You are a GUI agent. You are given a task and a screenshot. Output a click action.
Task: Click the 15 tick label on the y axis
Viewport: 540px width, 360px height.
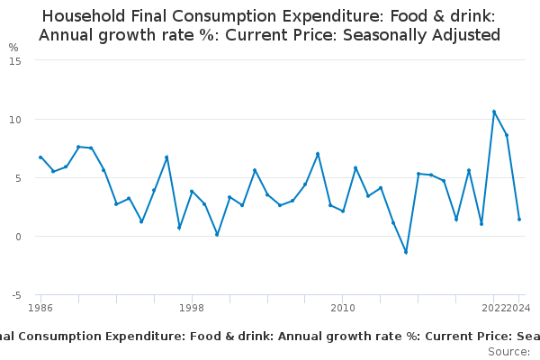pyautogui.click(x=15, y=60)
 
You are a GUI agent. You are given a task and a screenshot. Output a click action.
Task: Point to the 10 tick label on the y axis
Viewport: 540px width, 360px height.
pyautogui.click(x=15, y=119)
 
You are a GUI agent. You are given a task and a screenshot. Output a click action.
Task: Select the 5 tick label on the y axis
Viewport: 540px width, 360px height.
pyautogui.click(x=18, y=177)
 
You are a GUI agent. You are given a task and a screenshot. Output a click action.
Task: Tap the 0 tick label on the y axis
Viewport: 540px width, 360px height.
pyautogui.click(x=18, y=237)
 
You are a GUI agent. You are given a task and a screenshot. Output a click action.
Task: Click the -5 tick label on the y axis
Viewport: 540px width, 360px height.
pyautogui.click(x=15, y=295)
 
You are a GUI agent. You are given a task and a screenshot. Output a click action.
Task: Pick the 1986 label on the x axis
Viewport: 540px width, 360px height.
pyautogui.click(x=40, y=308)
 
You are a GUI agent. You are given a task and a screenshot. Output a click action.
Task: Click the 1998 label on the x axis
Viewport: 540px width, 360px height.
pyautogui.click(x=192, y=308)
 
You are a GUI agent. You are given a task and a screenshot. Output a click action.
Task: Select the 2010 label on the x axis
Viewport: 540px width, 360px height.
pyautogui.click(x=343, y=308)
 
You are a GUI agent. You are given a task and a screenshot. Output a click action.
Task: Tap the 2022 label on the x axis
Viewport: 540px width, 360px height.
pyautogui.click(x=493, y=308)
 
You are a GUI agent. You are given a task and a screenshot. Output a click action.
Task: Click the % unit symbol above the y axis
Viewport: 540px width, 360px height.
pyautogui.click(x=13, y=47)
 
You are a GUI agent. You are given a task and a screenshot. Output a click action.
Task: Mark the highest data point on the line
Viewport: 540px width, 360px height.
pyautogui.click(x=494, y=112)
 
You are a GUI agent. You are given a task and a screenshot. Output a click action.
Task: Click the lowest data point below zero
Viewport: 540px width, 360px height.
pyautogui.click(x=406, y=252)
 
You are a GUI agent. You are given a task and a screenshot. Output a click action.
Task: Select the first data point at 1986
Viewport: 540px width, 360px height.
pyautogui.click(x=40, y=157)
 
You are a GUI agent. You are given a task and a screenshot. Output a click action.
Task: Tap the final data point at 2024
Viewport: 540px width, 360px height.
pyautogui.click(x=519, y=220)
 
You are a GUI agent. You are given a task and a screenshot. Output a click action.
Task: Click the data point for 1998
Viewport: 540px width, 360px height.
pyautogui.click(x=192, y=191)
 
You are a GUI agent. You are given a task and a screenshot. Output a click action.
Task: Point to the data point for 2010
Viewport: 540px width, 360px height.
pyautogui.click(x=343, y=211)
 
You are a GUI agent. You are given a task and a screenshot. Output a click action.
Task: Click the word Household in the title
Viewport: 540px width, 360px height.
pyautogui.click(x=85, y=16)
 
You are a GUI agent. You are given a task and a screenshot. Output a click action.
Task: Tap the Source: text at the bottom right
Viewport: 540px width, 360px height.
pyautogui.click(x=508, y=352)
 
